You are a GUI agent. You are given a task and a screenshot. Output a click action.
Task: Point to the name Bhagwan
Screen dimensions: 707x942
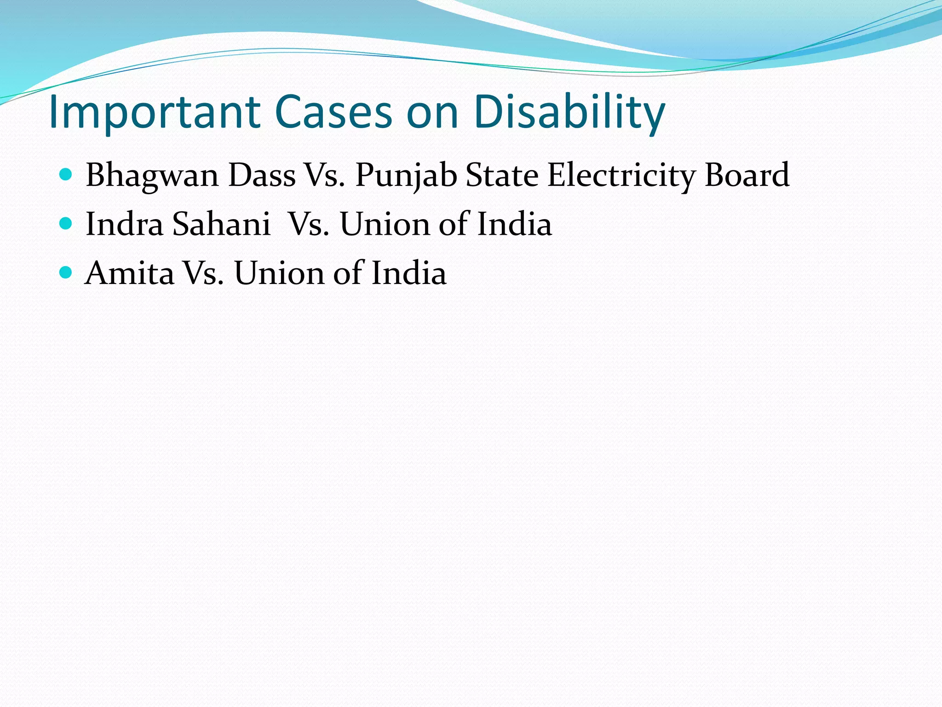(152, 176)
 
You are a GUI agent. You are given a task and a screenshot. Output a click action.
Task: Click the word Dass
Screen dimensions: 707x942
(262, 175)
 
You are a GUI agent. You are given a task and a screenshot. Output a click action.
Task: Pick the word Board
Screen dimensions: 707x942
(747, 175)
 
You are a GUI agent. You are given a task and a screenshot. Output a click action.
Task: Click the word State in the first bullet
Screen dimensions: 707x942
(502, 175)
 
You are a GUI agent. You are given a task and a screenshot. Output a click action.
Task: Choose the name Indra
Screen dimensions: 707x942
(125, 225)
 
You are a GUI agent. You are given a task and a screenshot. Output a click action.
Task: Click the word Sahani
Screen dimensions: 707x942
(221, 225)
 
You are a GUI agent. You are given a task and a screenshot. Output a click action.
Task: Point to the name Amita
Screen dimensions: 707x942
(130, 273)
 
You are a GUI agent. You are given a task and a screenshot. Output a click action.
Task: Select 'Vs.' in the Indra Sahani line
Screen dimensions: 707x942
(309, 225)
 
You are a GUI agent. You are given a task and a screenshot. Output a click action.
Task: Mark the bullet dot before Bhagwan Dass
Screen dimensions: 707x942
(66, 175)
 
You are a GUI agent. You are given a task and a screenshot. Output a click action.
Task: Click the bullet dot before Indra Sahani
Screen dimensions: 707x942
(66, 224)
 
